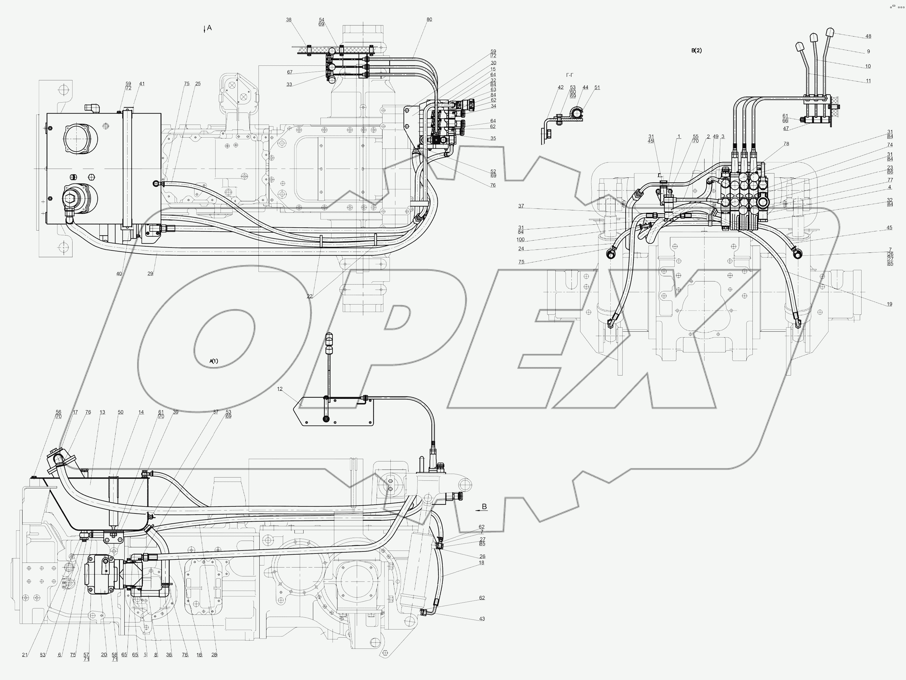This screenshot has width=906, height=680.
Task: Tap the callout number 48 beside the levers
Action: pos(868,37)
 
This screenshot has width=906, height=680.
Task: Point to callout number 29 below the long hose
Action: pos(150,274)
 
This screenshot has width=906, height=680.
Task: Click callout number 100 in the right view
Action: pos(521,240)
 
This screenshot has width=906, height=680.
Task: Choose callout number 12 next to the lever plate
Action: pos(280,389)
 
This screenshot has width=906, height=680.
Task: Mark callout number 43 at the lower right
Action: pos(482,619)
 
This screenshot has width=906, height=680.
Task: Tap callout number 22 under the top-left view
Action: pos(310,296)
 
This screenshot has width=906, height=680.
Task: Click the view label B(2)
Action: pos(696,51)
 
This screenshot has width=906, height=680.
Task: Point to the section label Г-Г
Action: pos(569,75)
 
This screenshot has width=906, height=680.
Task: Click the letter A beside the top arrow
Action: pos(209,28)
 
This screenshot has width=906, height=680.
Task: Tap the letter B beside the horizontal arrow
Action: pos(485,507)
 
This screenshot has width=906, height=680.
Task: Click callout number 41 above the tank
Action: pos(142,84)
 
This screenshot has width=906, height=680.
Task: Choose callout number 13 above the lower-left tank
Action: pos(102,413)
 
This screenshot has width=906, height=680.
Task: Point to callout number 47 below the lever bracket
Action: pos(786,129)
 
